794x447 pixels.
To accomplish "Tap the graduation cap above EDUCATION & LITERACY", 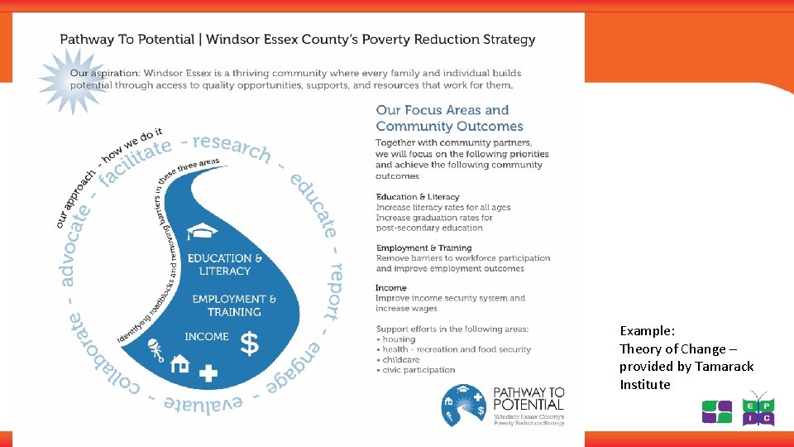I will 203,233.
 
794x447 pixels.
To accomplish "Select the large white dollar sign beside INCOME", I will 248,343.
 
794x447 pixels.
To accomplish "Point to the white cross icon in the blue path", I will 208,373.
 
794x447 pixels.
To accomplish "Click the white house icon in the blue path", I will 179,363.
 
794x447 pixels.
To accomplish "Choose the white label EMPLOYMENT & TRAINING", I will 234,305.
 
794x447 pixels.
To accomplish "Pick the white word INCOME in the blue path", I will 207,337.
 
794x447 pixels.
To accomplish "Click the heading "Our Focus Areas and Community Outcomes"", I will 449,118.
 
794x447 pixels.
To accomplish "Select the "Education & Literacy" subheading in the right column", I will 418,197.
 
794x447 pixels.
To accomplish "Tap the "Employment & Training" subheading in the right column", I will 423,248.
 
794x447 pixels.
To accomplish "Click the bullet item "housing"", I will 399,339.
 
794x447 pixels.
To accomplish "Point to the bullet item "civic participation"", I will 419,370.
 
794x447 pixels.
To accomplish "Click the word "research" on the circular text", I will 232,146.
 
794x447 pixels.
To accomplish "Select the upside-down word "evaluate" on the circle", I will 203,403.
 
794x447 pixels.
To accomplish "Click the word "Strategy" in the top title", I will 506,39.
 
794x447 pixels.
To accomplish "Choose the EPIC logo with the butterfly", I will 758,408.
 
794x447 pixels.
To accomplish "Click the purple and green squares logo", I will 716,411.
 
